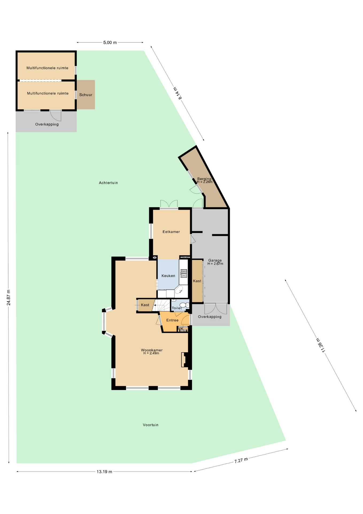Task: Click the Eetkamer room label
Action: [171, 232]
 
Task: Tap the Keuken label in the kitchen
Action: [168, 276]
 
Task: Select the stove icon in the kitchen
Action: [183, 273]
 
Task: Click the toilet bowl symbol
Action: [183, 305]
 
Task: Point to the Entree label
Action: [172, 320]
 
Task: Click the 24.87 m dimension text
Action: [9, 297]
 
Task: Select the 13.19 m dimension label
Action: [105, 472]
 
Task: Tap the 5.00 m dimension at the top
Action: [110, 43]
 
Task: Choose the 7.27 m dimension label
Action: [241, 460]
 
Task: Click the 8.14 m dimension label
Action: [178, 93]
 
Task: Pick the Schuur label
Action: [86, 95]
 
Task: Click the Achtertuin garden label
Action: [108, 183]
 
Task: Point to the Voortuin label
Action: [150, 425]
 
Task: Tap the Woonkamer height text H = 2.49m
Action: [151, 353]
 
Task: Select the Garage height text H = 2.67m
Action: [215, 264]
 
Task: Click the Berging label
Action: [204, 179]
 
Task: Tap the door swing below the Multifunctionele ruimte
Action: [56, 115]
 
